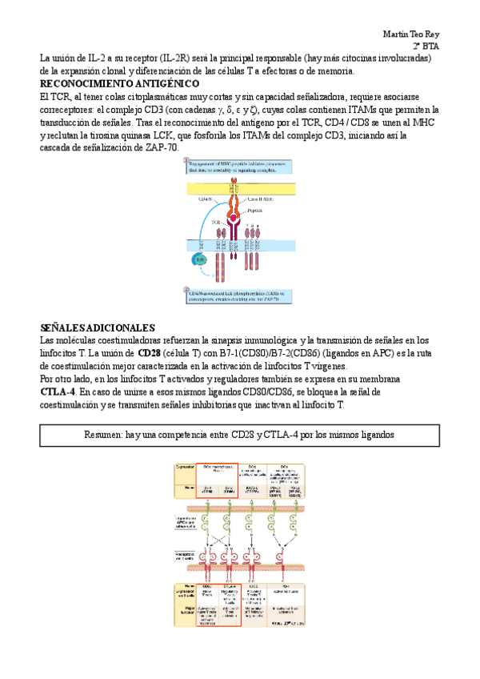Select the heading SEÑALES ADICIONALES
(97, 328)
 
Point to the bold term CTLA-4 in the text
(58, 392)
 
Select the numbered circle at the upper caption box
(186, 161)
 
